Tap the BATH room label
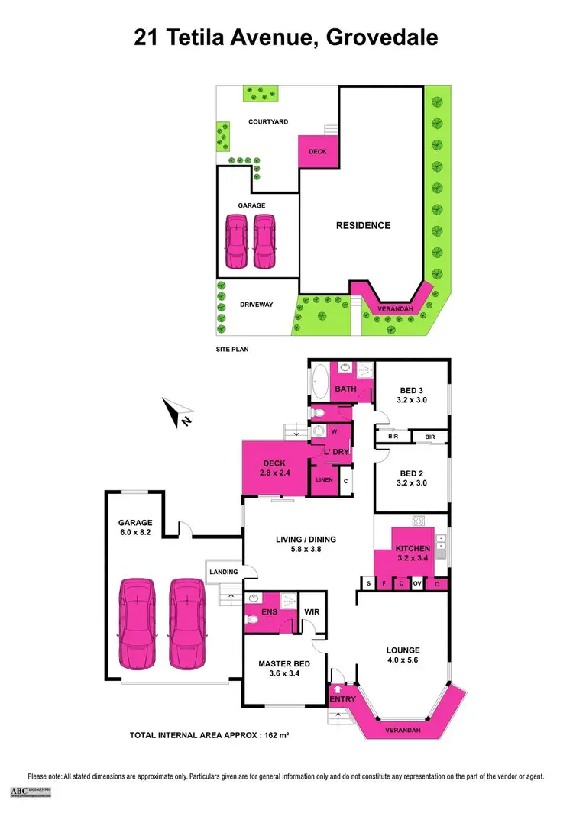pyautogui.click(x=346, y=389)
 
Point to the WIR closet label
pyautogui.click(x=312, y=611)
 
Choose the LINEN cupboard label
pyautogui.click(x=323, y=481)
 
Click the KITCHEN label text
pyautogui.click(x=413, y=548)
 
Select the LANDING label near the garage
pyautogui.click(x=223, y=572)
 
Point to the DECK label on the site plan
pyautogui.click(x=317, y=152)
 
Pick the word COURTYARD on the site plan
pyautogui.click(x=267, y=121)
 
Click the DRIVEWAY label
pyautogui.click(x=256, y=305)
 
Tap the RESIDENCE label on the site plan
pyautogui.click(x=364, y=225)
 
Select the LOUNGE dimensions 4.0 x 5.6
pyautogui.click(x=403, y=662)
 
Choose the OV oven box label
pyautogui.click(x=417, y=584)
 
